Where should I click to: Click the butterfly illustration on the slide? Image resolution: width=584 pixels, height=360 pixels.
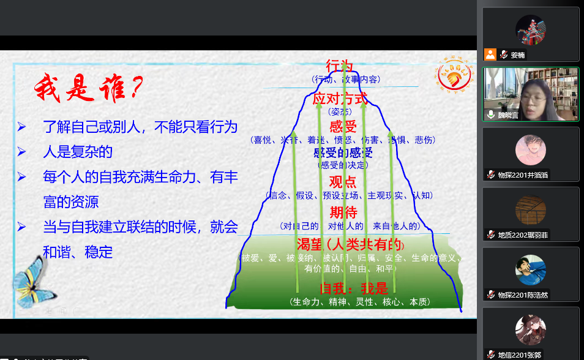tap(33, 282)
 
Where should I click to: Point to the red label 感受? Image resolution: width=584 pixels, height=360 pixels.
tap(342, 127)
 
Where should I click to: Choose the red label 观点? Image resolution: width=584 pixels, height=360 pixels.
tap(342, 182)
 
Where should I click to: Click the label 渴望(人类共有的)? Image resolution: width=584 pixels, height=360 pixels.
tap(348, 244)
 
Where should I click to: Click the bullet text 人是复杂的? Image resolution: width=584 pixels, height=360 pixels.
tap(78, 152)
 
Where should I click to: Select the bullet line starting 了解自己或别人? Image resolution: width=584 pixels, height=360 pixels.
tap(140, 127)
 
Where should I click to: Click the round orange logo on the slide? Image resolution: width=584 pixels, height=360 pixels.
tap(455, 74)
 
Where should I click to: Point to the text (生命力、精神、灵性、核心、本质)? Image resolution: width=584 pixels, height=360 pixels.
tap(359, 302)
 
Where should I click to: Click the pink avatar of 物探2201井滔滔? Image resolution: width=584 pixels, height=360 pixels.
tap(530, 150)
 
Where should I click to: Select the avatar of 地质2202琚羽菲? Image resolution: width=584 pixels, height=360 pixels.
tap(530, 210)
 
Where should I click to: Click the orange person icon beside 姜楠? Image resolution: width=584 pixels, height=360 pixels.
tap(490, 54)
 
